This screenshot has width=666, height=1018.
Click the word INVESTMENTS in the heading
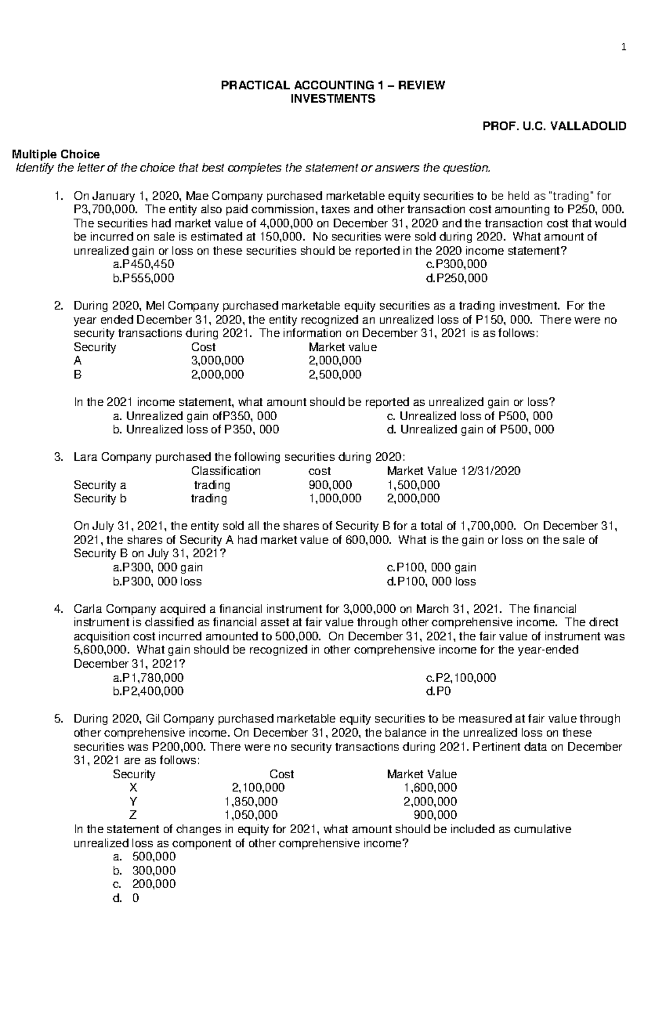333,99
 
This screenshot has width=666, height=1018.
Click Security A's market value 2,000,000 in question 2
335,361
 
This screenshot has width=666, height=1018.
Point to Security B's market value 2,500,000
335,375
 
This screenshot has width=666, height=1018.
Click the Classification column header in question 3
226,471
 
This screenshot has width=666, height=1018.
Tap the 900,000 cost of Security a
330,485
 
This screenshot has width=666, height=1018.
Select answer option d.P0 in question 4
438,691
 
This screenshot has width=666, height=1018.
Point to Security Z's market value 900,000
436,815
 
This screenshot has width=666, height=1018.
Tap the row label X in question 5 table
133,788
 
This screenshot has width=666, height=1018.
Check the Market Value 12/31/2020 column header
453,471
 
